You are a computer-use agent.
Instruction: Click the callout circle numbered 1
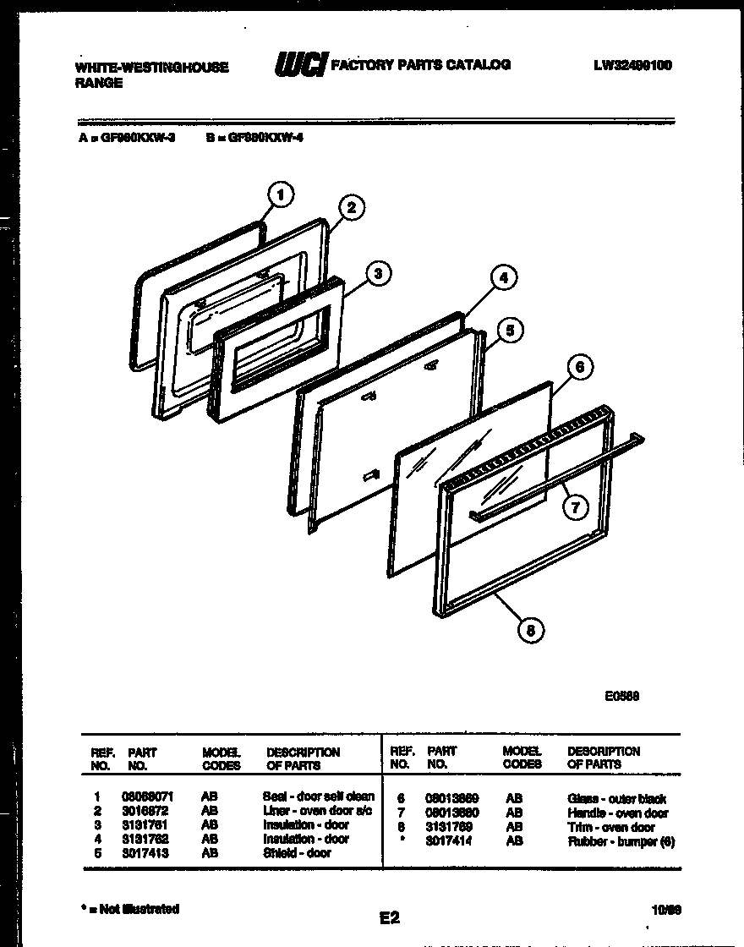281,195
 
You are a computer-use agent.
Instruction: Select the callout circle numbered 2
352,208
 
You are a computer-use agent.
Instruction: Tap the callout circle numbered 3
378,272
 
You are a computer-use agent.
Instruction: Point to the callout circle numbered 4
503,277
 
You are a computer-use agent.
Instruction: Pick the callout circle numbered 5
508,331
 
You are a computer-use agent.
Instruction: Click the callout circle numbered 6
579,366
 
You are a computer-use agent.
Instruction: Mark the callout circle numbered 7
575,506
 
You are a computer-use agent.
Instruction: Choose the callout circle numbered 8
530,629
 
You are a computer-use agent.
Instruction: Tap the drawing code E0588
621,697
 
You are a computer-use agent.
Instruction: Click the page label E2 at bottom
390,917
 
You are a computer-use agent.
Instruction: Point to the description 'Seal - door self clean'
318,796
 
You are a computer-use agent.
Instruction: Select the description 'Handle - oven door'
618,813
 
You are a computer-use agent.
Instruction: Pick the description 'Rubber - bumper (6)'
621,841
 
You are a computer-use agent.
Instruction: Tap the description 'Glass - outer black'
616,799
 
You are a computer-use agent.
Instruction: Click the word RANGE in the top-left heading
99,83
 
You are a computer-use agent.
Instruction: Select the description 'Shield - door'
297,853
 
